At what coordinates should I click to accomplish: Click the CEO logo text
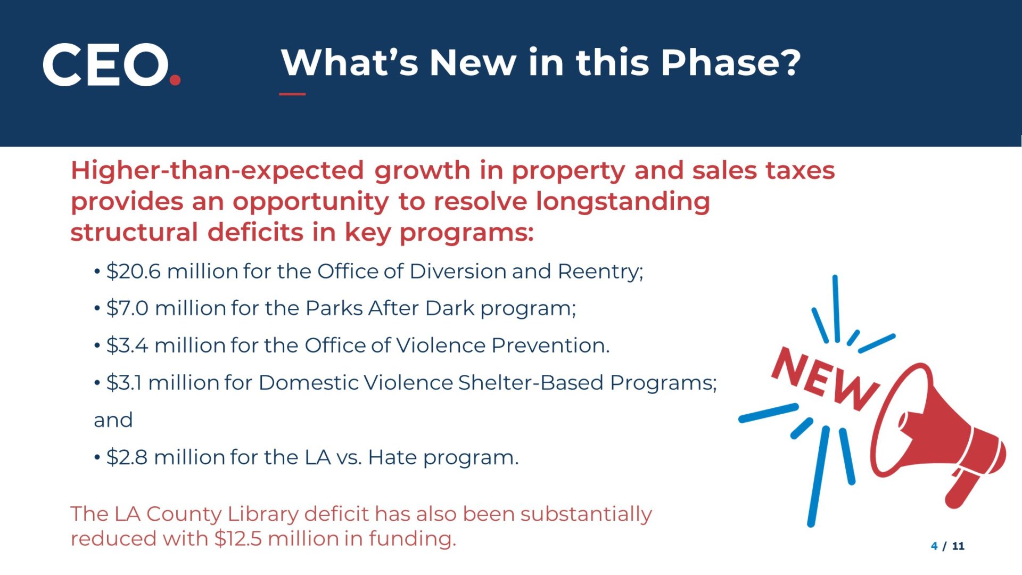pyautogui.click(x=105, y=64)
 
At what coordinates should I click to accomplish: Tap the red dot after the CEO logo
pyautogui.click(x=175, y=80)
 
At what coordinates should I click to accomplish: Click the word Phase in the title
pyautogui.click(x=730, y=62)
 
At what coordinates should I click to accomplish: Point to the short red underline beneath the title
pyautogui.click(x=292, y=94)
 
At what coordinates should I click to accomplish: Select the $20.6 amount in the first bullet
pyautogui.click(x=133, y=272)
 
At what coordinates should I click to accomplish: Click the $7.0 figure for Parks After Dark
pyautogui.click(x=127, y=308)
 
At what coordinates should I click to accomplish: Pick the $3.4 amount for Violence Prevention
pyautogui.click(x=127, y=346)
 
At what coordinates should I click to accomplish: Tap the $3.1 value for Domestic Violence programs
pyautogui.click(x=123, y=383)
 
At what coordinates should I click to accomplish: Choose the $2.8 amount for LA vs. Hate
pyautogui.click(x=127, y=457)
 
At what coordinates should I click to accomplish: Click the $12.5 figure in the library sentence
pyautogui.click(x=238, y=538)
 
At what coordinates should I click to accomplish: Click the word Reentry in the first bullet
pyautogui.click(x=600, y=272)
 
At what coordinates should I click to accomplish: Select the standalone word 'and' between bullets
pyautogui.click(x=113, y=420)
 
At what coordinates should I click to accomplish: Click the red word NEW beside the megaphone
pyautogui.click(x=825, y=379)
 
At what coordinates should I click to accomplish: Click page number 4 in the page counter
pyautogui.click(x=934, y=546)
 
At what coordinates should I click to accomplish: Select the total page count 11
pyautogui.click(x=958, y=546)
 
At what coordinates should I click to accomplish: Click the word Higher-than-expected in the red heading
pyautogui.click(x=217, y=171)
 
